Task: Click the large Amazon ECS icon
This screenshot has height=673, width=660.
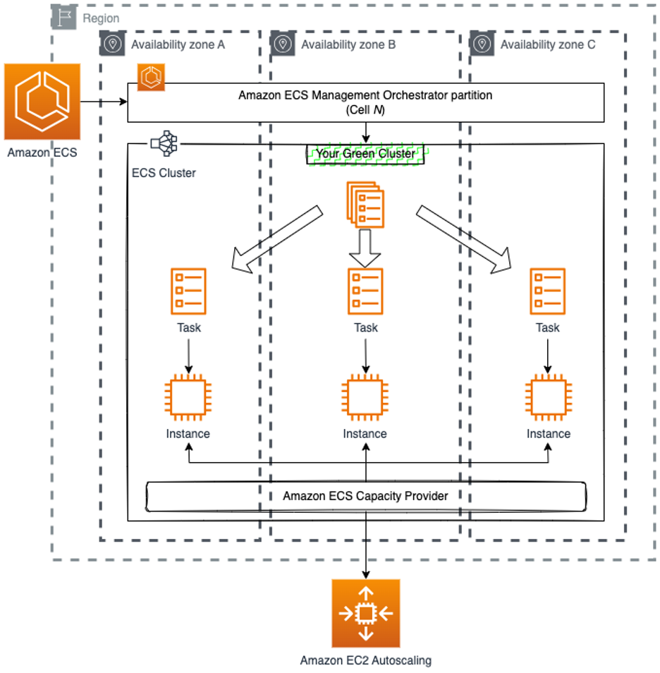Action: (x=42, y=102)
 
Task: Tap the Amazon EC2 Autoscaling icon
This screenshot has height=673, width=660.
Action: (x=365, y=614)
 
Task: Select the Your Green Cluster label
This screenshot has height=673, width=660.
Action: (x=366, y=154)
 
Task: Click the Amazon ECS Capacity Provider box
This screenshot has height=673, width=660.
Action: (x=365, y=496)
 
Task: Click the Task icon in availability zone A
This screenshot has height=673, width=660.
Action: (x=188, y=291)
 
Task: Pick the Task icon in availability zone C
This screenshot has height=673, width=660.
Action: (x=547, y=291)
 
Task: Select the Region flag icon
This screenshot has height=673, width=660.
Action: (x=64, y=18)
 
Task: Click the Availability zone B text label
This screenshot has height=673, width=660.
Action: (x=348, y=45)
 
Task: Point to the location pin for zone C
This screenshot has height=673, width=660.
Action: (x=482, y=44)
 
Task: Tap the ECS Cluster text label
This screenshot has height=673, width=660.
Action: (x=164, y=173)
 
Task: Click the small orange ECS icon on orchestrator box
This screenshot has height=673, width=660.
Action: (x=151, y=78)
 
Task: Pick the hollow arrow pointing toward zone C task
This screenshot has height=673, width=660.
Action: (x=463, y=239)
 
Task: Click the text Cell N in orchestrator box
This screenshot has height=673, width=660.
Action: (x=365, y=110)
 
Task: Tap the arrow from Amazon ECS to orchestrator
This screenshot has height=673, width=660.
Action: (x=104, y=102)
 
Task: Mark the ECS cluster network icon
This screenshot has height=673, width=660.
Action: (x=164, y=143)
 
